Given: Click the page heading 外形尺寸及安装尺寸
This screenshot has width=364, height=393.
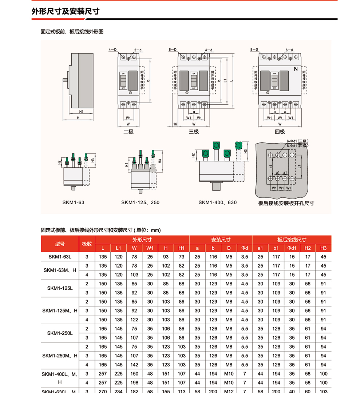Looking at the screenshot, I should coord(66,11).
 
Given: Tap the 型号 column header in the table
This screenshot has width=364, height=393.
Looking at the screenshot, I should coord(60,244).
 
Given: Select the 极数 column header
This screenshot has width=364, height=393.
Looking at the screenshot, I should coord(87,244).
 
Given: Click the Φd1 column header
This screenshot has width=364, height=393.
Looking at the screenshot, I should coord(292,248).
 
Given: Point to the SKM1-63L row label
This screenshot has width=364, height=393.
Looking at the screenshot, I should coord(60,257).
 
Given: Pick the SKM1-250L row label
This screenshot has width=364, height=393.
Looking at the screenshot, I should coord(60,333).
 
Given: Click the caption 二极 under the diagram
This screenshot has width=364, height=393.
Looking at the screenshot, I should coord(128,132).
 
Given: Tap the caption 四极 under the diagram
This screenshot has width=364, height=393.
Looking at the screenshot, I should coord(280,132).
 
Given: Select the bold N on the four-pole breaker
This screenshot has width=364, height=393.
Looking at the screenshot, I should coord(295,69).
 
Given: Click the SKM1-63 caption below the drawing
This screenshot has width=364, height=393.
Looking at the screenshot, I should coord(73,202).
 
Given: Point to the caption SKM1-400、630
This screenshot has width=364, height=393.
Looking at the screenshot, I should coord(217,202).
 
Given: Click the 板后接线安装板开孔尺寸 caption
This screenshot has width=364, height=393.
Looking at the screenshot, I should coord(286,203).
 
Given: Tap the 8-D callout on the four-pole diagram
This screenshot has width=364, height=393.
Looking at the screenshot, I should coord(254,49).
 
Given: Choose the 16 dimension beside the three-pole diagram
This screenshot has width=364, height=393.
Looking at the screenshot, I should coord(175,124).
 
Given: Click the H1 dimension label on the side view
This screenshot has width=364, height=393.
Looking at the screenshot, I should coord(82,112).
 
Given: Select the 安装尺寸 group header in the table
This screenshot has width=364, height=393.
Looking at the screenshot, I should coord(221,240).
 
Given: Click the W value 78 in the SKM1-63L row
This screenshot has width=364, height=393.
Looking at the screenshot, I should coord(134,257).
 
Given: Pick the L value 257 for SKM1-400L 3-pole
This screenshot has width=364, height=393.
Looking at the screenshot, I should coord(103,373).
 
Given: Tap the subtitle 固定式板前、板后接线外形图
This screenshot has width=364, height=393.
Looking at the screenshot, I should coord(72,32).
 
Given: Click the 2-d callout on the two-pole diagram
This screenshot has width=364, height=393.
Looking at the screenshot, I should coord(138,50).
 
